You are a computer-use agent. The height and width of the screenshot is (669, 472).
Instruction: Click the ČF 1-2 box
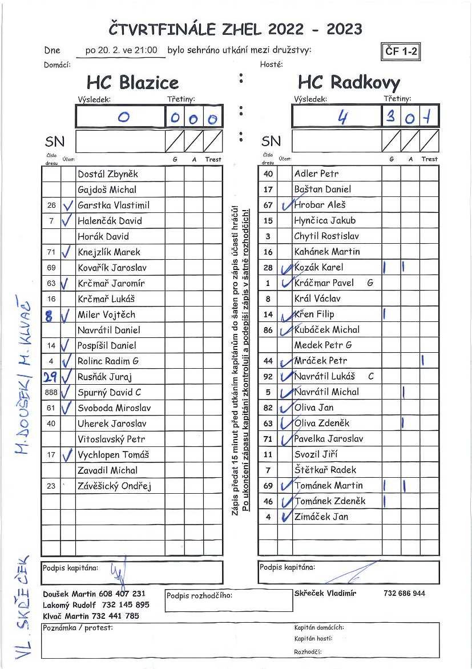[402, 51]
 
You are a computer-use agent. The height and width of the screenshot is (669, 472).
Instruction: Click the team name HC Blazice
[132, 83]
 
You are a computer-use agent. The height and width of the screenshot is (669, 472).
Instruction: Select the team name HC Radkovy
[349, 83]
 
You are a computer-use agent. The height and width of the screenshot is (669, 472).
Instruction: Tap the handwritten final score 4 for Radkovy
[342, 118]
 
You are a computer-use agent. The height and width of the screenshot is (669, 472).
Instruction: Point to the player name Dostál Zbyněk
[108, 174]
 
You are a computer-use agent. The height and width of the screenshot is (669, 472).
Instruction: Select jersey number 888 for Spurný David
[51, 392]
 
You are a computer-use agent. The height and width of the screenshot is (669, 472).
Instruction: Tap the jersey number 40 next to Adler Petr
[268, 174]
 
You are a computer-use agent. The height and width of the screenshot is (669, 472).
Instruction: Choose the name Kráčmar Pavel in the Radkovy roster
[324, 283]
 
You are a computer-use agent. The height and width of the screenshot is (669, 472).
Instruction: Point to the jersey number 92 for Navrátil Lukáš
[268, 377]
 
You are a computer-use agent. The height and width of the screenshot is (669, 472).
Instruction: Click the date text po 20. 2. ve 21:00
[121, 50]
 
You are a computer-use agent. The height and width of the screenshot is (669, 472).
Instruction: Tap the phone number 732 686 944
[404, 594]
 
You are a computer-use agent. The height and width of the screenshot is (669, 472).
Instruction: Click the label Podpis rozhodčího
[199, 596]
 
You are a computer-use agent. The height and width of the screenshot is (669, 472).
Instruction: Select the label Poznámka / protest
[78, 628]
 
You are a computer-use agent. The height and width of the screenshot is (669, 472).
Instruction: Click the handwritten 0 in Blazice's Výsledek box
[123, 118]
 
